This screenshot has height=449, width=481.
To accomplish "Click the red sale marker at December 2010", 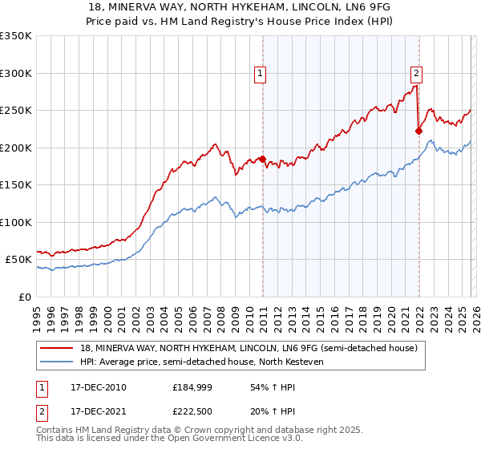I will pyautogui.click(x=262, y=159).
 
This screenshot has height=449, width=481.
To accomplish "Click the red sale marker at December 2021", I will pyautogui.click(x=418, y=131).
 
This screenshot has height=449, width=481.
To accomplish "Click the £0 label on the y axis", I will pyautogui.click(x=24, y=297).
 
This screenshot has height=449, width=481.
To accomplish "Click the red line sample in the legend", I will pyautogui.click(x=56, y=349).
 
